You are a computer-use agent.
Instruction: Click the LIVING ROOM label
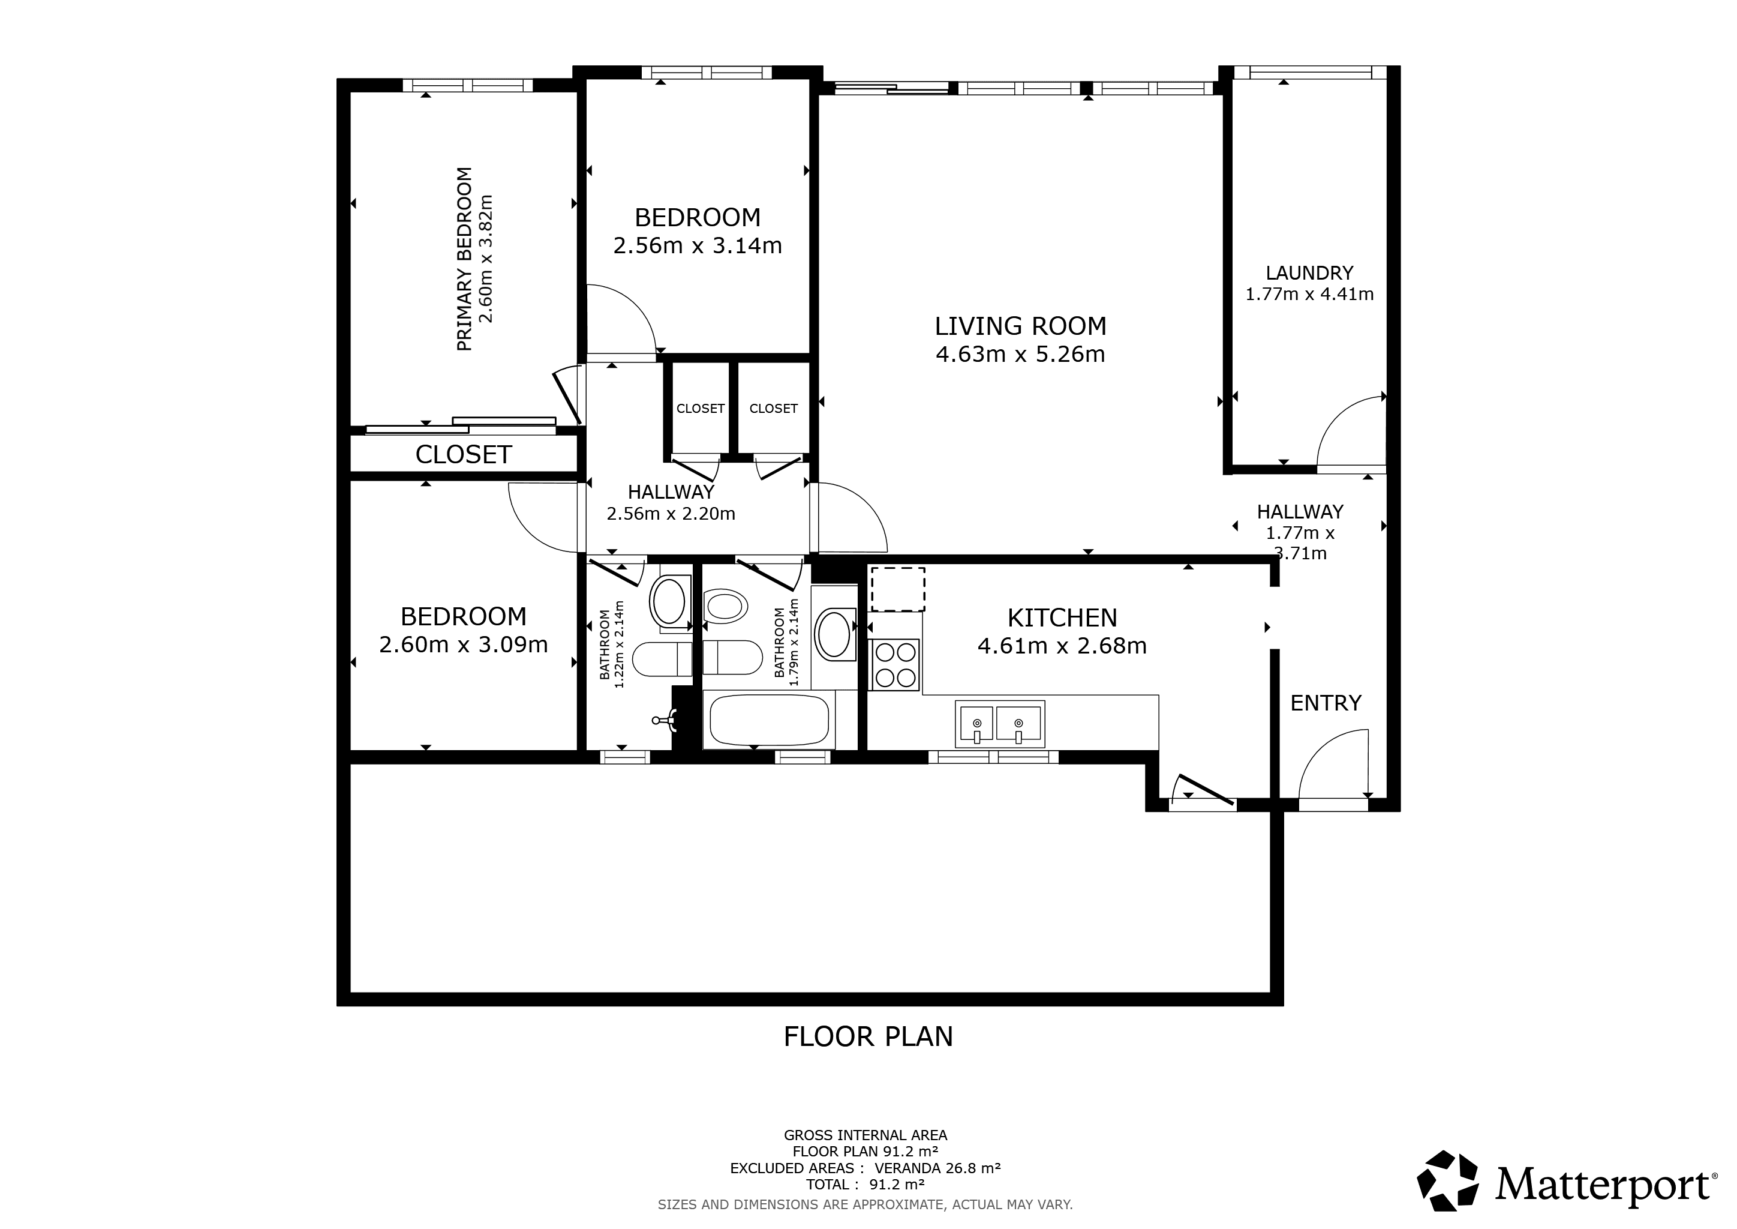pos(1021,326)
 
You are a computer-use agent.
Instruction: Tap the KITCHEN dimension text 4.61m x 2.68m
pos(1062,646)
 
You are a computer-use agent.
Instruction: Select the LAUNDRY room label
pos(1309,272)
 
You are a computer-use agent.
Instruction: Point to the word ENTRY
pos(1326,703)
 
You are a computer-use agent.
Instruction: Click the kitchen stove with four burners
pos(894,665)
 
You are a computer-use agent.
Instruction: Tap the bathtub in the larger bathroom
pos(769,719)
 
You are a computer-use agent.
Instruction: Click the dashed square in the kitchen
pos(898,589)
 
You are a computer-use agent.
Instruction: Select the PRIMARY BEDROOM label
pos(464,259)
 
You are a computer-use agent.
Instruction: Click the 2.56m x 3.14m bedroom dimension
pos(698,246)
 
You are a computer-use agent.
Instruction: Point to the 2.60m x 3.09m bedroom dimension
pos(464,645)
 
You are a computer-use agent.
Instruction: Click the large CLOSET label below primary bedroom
pos(464,454)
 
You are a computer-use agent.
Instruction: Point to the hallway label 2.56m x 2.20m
pos(671,514)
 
